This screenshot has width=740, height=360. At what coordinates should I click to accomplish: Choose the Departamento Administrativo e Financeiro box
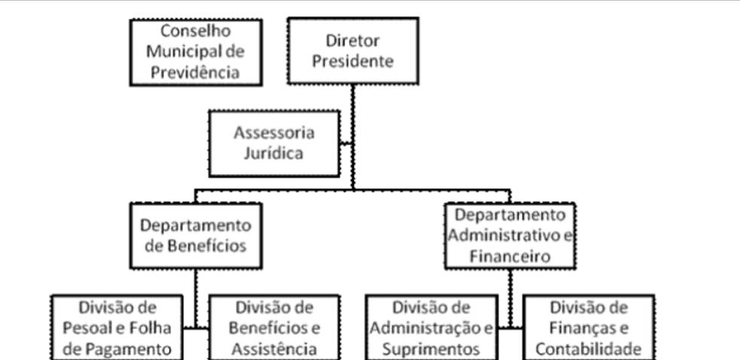(x=510, y=235)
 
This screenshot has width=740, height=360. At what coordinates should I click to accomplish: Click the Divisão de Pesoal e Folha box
(x=117, y=328)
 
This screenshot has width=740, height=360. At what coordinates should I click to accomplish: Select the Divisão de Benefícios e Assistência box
(x=273, y=328)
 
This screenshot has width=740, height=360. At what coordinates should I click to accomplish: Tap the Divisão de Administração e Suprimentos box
(x=431, y=328)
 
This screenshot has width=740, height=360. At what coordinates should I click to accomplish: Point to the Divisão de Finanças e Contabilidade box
(x=588, y=328)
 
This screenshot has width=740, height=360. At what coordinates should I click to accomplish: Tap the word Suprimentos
(x=431, y=349)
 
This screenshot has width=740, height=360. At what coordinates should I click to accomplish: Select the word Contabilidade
(x=588, y=349)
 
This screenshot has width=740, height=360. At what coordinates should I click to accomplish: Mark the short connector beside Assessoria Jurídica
(x=346, y=142)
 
